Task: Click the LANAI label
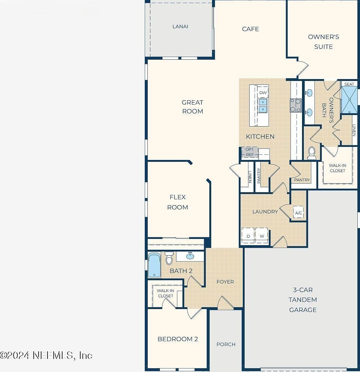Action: coord(180,26)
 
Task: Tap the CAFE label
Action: coord(251,29)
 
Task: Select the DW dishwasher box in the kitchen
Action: coord(263,92)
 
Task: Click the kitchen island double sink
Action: coord(263,106)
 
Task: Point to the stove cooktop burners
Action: coord(295,105)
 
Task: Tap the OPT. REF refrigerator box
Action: coord(250,152)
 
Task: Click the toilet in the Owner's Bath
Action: coord(312,153)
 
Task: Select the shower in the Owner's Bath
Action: coord(349,100)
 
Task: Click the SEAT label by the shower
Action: coord(349,84)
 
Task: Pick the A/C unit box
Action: coord(298,213)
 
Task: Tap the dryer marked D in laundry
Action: coord(248,236)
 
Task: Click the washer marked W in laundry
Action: coord(262,236)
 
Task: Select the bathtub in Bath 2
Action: coord(154,265)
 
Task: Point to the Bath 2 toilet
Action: coord(169,258)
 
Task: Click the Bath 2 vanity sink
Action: coord(190,256)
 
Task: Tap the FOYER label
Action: coord(225,282)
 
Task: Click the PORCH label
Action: coord(226,344)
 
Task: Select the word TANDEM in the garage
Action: coord(303,300)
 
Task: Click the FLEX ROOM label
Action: coord(178,202)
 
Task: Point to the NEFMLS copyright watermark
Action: coord(46,355)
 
